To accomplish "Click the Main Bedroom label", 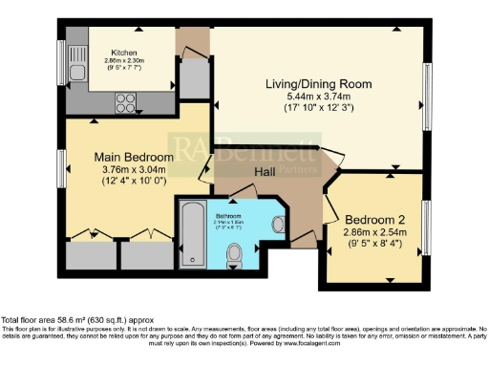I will (x=134, y=157).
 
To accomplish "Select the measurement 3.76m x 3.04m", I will (x=134, y=170).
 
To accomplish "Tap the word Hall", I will (x=267, y=171).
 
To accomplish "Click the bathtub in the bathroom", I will (x=190, y=233).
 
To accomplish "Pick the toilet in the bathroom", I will (x=235, y=254).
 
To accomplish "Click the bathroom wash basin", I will (x=277, y=225).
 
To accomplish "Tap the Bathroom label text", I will (x=227, y=216).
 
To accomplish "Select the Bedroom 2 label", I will (x=373, y=217).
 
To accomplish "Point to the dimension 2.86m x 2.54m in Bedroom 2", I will (x=373, y=231).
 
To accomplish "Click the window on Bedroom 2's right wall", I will (x=426, y=228).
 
